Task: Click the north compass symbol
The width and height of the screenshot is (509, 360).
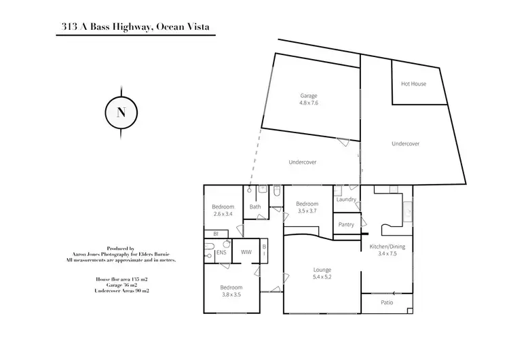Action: [121, 113]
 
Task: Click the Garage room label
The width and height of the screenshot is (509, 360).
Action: [309, 96]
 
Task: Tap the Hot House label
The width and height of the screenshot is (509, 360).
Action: [413, 84]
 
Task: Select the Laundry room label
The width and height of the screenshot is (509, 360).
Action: [346, 199]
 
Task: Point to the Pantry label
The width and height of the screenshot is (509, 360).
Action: [346, 224]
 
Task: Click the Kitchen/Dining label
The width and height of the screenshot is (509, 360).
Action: [387, 247]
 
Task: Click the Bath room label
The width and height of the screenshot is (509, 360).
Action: [255, 207]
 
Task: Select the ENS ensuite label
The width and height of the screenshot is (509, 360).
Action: [221, 253]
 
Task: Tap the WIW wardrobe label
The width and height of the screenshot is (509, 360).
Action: [246, 253]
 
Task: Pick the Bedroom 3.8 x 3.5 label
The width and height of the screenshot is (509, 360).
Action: [231, 295]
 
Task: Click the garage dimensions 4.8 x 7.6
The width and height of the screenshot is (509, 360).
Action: [309, 103]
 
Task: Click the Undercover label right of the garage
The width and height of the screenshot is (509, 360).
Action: [405, 144]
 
